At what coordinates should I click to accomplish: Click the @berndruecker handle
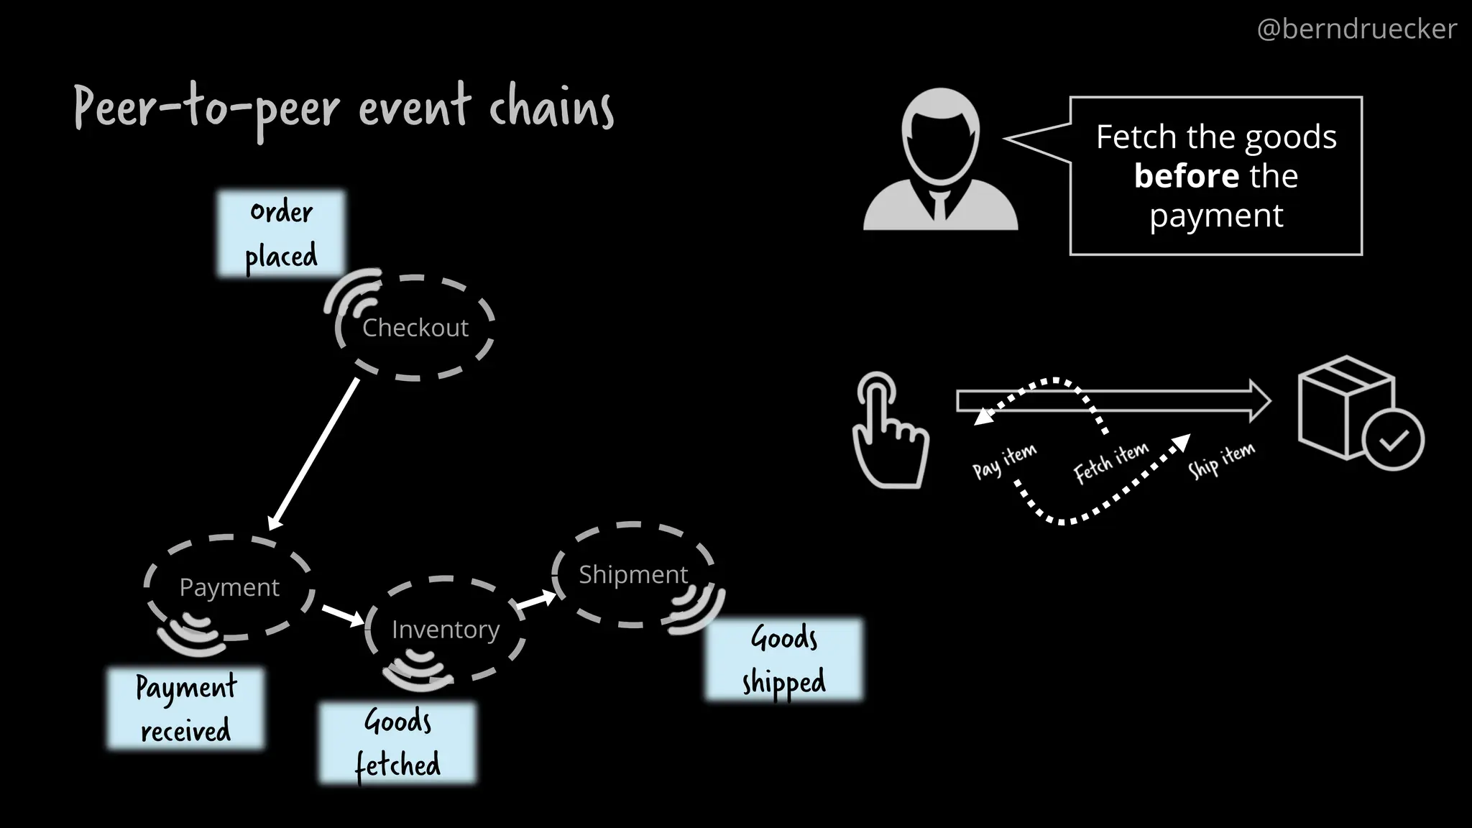click(1356, 29)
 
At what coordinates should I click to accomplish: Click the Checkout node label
click(415, 328)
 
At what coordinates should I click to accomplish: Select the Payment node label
click(229, 587)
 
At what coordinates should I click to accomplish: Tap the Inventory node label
click(445, 630)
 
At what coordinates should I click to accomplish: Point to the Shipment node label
click(632, 574)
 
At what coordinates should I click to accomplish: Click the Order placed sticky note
click(281, 234)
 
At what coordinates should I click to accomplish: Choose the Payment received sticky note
click(185, 709)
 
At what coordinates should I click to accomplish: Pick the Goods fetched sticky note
click(397, 743)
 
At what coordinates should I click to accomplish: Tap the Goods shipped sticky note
click(783, 659)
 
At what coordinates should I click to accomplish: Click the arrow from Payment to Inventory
click(343, 615)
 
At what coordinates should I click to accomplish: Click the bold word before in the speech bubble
click(1186, 176)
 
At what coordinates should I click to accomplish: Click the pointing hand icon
click(889, 431)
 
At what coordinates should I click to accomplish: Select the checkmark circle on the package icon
click(1393, 439)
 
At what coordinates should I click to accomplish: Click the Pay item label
click(1004, 461)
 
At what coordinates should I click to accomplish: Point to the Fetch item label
click(1110, 463)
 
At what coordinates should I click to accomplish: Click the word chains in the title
click(551, 109)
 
